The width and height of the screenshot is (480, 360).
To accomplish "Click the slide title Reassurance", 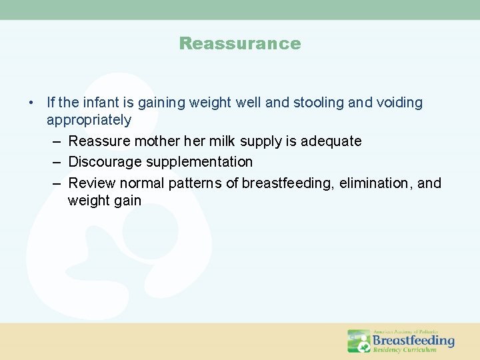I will (240, 44).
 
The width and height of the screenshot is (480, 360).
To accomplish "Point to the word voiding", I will (399, 103).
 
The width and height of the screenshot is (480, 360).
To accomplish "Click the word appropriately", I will (89, 121).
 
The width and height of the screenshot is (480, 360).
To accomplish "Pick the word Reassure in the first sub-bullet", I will (99, 141).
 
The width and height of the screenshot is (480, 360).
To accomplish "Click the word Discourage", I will (103, 162).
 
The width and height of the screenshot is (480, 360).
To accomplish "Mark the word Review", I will (91, 183).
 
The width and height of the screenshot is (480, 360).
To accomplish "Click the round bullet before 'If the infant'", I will (31, 103).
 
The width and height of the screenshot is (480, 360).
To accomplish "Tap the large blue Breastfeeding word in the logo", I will (413, 341).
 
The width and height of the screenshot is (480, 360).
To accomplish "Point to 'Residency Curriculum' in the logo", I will (405, 350).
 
